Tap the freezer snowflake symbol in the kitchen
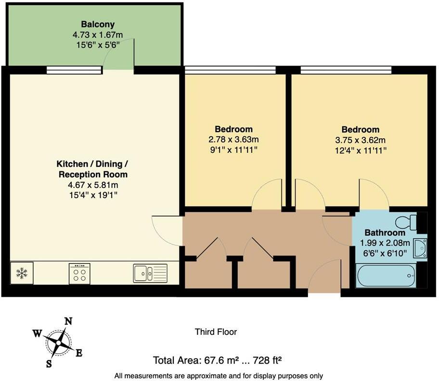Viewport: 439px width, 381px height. point(22,273)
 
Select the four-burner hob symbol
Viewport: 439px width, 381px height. point(80,273)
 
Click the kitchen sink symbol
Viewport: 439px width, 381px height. point(150,273)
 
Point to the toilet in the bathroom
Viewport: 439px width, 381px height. point(407,222)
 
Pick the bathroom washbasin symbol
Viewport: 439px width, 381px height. point(419,248)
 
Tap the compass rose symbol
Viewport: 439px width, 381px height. point(59,343)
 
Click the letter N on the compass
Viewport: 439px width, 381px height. point(69,321)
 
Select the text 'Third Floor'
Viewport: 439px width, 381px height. point(216,332)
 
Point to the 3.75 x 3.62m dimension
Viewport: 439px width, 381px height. point(360,140)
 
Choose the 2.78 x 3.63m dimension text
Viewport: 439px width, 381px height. point(233,140)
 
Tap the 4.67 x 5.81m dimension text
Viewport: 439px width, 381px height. point(93,185)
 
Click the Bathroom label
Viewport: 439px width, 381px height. point(385,233)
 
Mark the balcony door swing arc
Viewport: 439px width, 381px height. point(120,53)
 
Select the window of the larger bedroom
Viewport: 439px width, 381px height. point(346,70)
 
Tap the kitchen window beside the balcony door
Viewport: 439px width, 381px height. point(74,70)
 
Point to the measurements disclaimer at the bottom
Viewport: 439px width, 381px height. point(218,376)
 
